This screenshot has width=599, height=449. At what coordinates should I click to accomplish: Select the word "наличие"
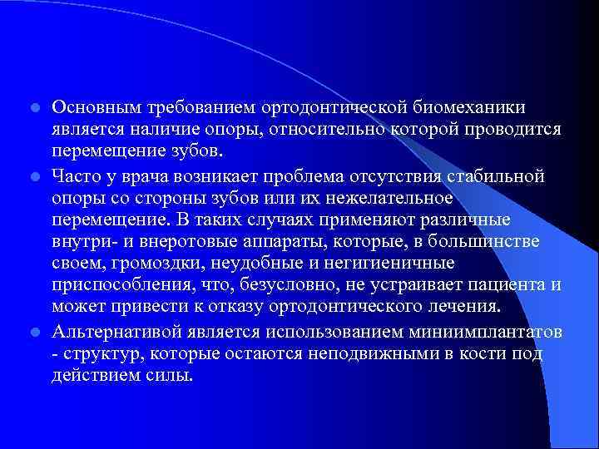point(170,131)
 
